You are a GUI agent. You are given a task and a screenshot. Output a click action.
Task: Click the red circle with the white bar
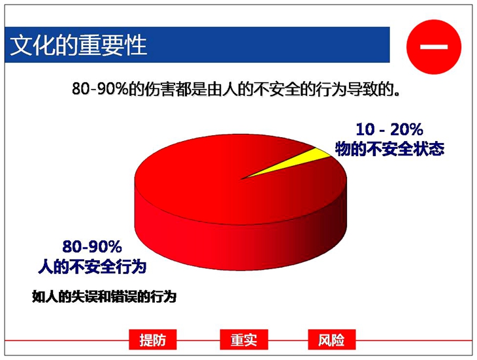pyautogui.click(x=434, y=47)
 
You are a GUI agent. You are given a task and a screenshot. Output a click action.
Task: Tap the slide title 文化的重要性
pyautogui.click(x=78, y=45)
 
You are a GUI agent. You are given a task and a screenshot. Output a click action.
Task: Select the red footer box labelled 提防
pyautogui.click(x=153, y=339)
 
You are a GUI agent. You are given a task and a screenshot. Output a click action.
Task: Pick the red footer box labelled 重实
pyautogui.click(x=244, y=339)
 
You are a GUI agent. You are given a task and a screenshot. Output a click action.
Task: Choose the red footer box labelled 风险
pyautogui.click(x=331, y=339)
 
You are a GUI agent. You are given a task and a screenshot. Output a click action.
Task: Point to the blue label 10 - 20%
pyautogui.click(x=389, y=129)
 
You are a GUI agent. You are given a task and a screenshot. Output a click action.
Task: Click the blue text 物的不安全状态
pyautogui.click(x=389, y=149)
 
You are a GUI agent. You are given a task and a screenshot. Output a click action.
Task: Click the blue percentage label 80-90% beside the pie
pyautogui.click(x=92, y=246)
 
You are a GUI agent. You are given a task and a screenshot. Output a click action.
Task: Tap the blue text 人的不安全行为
pyautogui.click(x=92, y=267)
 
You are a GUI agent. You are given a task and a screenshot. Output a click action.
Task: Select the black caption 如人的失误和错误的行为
pyautogui.click(x=105, y=297)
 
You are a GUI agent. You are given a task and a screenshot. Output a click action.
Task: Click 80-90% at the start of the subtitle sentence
pyautogui.click(x=100, y=89)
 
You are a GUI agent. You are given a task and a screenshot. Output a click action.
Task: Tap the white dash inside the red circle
pyautogui.click(x=434, y=47)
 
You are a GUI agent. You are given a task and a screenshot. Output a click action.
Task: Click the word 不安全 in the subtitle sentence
pyautogui.click(x=277, y=89)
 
